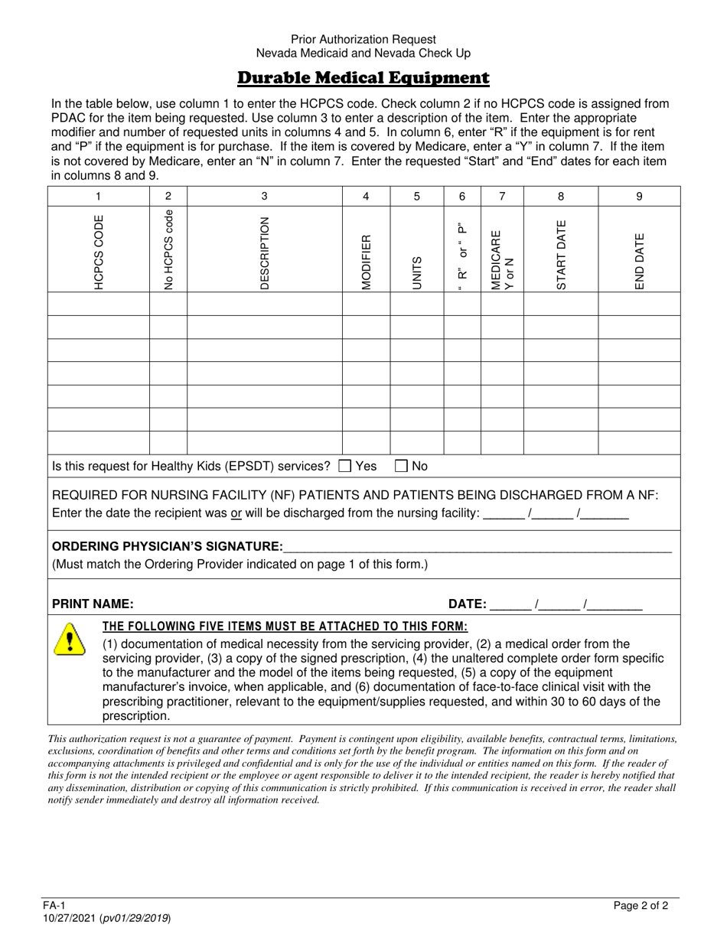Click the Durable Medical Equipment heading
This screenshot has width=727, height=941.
point(363,78)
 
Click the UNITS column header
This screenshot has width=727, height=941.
point(417,272)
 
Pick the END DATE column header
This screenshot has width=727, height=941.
point(639,260)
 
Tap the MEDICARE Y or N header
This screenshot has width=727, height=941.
point(502,259)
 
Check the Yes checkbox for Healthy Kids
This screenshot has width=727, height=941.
point(345,465)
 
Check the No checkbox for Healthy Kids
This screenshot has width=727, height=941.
point(402,465)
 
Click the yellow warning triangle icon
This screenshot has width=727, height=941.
point(70,639)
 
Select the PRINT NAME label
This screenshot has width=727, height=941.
point(93,604)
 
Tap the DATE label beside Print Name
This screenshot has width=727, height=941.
point(467,604)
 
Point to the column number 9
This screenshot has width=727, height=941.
point(639,197)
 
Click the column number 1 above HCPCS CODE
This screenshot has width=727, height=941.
point(99,197)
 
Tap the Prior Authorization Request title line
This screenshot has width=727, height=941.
point(363,39)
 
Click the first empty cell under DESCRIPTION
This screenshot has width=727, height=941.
point(265,304)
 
